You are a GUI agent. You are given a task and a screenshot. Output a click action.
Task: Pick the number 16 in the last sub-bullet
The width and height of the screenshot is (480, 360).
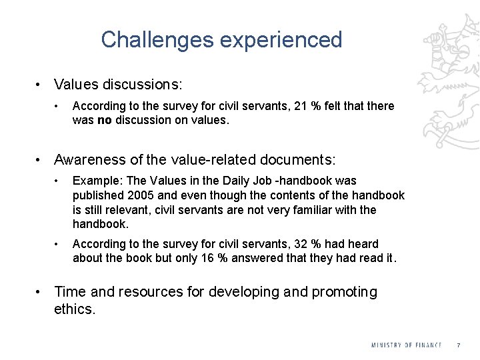tap(208, 259)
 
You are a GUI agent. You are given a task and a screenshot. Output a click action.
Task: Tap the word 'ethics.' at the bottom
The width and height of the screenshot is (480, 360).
tap(75, 309)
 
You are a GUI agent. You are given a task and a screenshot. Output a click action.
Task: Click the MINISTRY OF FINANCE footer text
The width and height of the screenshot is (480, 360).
tap(407, 345)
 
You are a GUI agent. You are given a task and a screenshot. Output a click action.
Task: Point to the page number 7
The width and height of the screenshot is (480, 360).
tap(458, 345)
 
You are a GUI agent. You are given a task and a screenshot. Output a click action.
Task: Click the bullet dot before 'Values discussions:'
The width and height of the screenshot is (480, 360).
tap(40, 85)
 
